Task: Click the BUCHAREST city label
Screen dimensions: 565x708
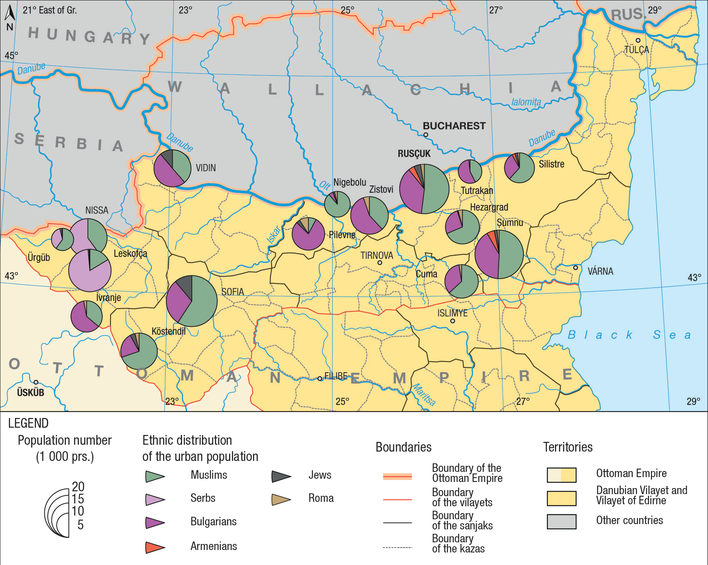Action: point(454,126)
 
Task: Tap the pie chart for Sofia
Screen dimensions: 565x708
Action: point(192,301)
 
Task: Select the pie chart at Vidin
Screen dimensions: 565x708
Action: point(172,168)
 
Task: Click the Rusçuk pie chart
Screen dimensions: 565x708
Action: point(424,189)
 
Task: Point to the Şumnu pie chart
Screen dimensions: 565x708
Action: point(499,254)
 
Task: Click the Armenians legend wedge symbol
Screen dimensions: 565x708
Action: point(155,547)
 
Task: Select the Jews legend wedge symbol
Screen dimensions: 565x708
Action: point(281,476)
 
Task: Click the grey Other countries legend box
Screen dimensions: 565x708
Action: point(561,522)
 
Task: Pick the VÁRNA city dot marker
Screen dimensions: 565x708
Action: point(575,268)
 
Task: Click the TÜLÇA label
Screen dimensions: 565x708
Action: point(636,50)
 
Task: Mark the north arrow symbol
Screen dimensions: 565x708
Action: point(10,13)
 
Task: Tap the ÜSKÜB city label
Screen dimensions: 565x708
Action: point(30,392)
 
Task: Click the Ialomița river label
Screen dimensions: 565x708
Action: point(526,102)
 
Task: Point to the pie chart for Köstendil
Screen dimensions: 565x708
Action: point(139,351)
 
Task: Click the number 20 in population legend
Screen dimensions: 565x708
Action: point(78,486)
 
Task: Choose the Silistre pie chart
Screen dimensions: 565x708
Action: point(519,168)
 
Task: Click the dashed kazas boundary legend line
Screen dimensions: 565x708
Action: point(397,547)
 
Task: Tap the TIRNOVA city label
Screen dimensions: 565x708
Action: point(376,256)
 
